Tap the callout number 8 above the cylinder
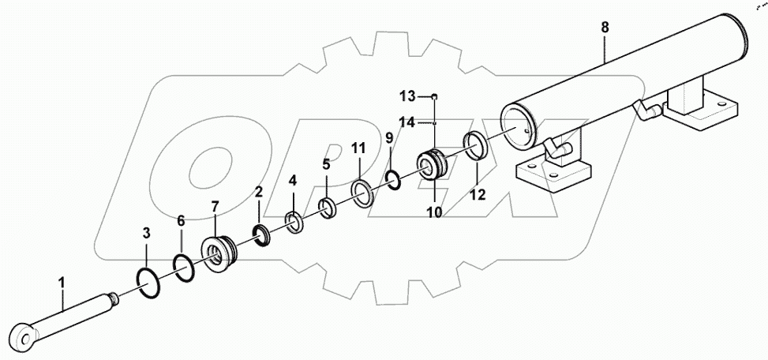pyautogui.click(x=605, y=28)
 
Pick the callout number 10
pyautogui.click(x=434, y=212)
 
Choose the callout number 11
pyautogui.click(x=358, y=148)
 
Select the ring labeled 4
pyautogui.click(x=293, y=223)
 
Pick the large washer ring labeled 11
pyautogui.click(x=363, y=193)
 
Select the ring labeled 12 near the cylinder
pyautogui.click(x=477, y=147)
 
